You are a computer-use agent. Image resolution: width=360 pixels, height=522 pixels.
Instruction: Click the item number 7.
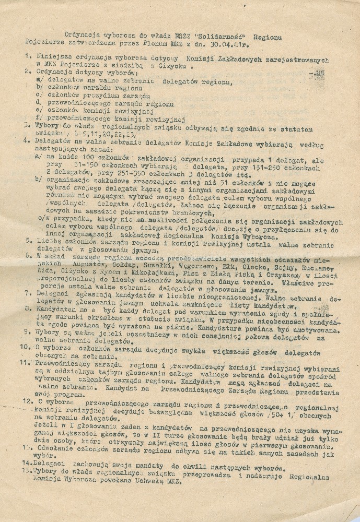click(27, 295)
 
